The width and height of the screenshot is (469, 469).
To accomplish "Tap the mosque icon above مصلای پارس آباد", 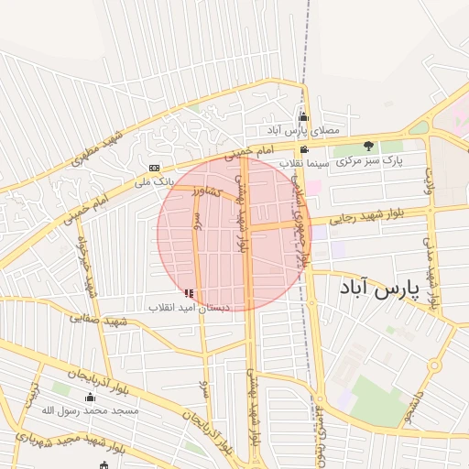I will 304,116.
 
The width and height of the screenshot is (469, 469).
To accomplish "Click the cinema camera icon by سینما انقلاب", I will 304,150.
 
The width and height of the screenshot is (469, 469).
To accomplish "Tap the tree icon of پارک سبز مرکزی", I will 368,146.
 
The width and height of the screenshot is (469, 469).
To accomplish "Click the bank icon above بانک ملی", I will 154,168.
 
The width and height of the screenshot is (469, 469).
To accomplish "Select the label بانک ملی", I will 154,181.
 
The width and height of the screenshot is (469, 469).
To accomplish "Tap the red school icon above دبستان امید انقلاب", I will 189,293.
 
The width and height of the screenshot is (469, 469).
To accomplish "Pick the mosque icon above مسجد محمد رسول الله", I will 90,397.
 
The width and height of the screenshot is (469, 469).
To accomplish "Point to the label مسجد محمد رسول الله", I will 90,410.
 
